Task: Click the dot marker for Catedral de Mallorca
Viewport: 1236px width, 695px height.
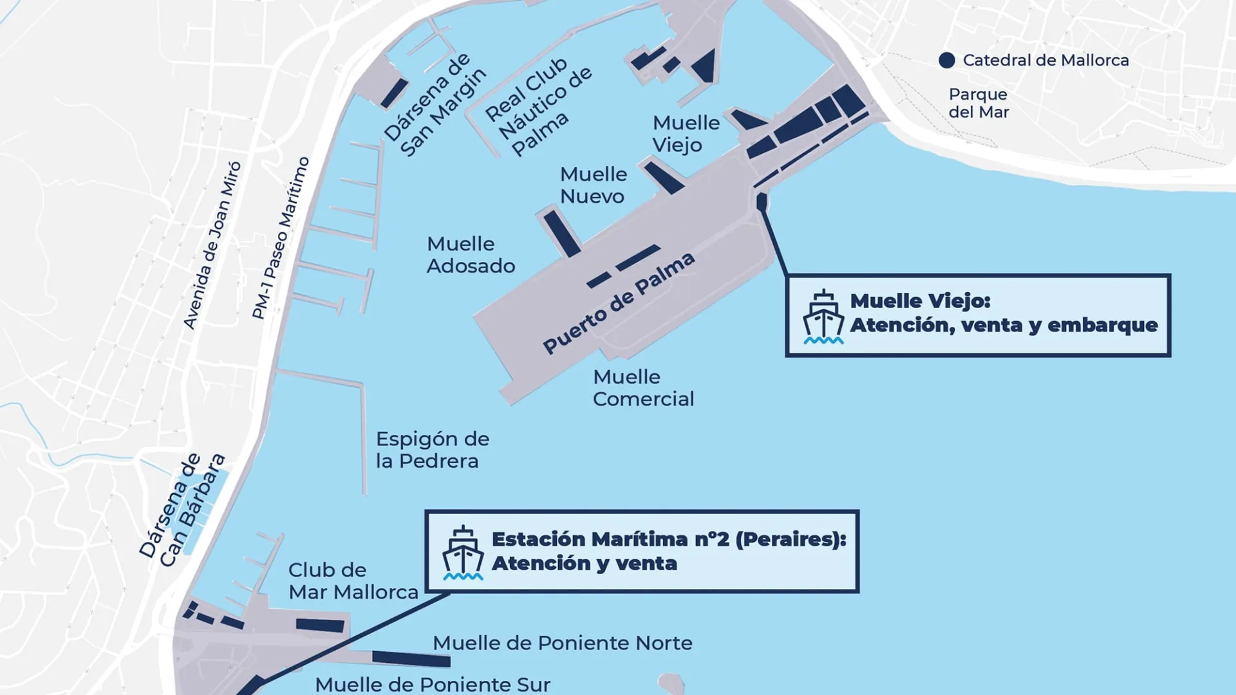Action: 946,60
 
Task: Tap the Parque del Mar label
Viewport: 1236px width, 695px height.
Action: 979,103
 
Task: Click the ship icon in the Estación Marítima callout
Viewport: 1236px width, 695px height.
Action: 462,553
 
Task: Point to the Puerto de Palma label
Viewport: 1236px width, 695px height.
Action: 619,302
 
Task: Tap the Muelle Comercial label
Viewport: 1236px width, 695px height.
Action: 643,388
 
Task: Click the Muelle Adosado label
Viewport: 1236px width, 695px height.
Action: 471,255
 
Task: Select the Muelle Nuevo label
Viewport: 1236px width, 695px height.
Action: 593,185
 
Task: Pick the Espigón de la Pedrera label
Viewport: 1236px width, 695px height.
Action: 433,450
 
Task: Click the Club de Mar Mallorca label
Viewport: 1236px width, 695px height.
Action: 353,581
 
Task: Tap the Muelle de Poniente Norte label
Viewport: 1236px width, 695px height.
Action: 562,643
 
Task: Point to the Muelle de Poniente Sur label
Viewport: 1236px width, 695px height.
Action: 433,684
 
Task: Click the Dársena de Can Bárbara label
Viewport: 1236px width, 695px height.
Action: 182,510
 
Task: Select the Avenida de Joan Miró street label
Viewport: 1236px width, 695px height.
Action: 212,245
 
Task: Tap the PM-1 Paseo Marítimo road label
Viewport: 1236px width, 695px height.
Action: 281,238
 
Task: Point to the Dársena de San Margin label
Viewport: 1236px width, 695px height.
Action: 435,105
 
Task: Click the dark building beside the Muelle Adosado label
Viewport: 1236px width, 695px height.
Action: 562,233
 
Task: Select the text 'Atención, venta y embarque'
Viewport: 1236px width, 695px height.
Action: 1004,326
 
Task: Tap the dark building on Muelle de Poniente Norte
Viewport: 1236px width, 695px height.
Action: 411,659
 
